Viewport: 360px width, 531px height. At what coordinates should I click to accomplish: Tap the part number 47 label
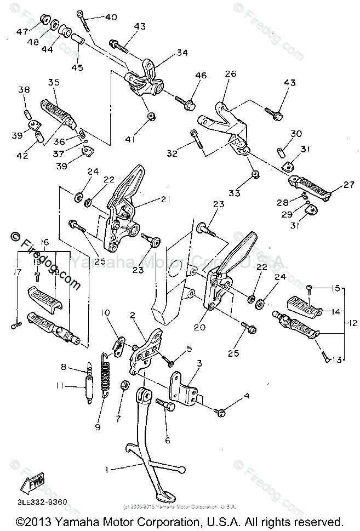coord(22,32)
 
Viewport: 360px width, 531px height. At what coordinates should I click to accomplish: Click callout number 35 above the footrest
coord(53,83)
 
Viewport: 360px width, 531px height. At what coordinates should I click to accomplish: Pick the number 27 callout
coord(349,185)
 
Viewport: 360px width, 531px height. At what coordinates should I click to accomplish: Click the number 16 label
coord(45,242)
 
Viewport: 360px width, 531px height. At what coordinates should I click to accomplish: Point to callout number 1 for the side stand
coord(108,470)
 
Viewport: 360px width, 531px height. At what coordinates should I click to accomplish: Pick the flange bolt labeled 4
coord(222,412)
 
